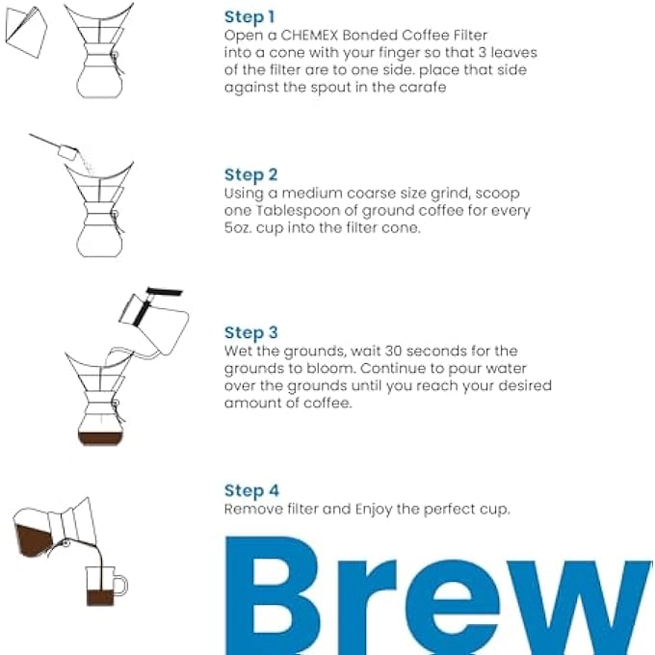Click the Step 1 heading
click(249, 16)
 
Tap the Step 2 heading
click(250, 174)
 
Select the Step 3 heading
click(250, 332)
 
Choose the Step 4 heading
click(250, 490)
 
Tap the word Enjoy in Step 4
click(376, 509)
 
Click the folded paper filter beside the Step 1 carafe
click(23, 30)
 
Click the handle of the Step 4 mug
click(121, 585)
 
